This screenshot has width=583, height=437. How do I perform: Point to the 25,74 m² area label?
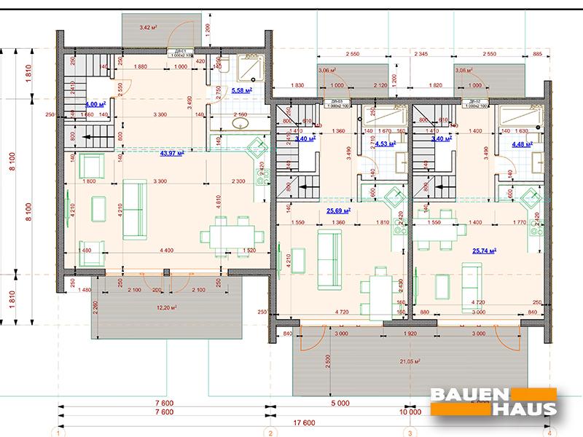[x=484, y=251]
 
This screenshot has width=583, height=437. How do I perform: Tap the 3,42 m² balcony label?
[x=149, y=28]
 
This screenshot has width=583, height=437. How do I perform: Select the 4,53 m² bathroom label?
[x=384, y=144]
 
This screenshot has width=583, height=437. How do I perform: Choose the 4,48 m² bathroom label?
[x=523, y=143]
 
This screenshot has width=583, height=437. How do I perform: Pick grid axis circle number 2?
[x=270, y=433]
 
